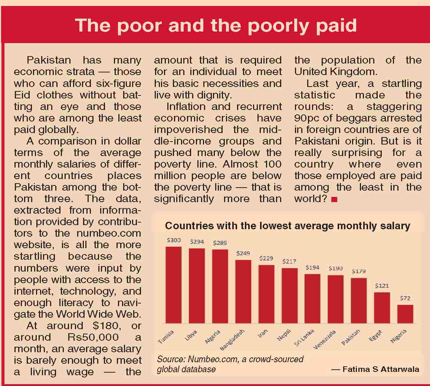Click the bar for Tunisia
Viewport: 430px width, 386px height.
(x=173, y=285)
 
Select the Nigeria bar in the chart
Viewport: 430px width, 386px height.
(x=405, y=314)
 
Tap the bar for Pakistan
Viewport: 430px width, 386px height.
(x=359, y=301)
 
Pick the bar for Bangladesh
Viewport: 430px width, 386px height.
(x=243, y=291)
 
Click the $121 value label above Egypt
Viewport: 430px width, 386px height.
(x=382, y=286)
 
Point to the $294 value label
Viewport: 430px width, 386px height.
(x=197, y=241)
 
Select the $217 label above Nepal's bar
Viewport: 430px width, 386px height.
(x=289, y=261)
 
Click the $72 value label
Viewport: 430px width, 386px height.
(x=405, y=298)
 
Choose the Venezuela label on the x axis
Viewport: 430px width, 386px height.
(x=325, y=339)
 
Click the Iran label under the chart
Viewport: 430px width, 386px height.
(x=263, y=333)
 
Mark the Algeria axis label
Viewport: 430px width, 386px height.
(x=213, y=337)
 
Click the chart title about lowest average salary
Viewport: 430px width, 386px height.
(x=288, y=226)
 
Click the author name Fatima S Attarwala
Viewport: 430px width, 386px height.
(x=381, y=369)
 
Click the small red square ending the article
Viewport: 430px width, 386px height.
(x=334, y=200)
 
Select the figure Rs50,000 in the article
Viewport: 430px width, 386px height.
(x=93, y=337)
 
